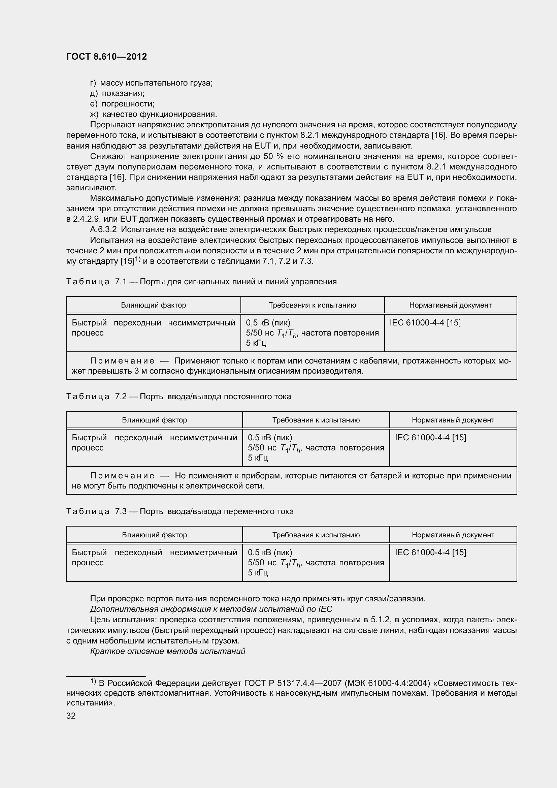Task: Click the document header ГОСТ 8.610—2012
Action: (x=106, y=57)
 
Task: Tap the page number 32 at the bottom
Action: (x=71, y=716)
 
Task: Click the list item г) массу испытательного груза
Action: (x=151, y=83)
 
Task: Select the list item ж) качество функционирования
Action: (x=153, y=114)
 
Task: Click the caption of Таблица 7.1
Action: (x=201, y=282)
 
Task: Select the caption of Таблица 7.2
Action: (x=178, y=397)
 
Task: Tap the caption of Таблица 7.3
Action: (x=180, y=511)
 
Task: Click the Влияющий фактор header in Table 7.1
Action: (x=153, y=305)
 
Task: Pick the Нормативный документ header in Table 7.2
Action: (x=453, y=420)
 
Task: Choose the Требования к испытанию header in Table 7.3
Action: (x=316, y=535)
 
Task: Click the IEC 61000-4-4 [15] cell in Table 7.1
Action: (x=425, y=323)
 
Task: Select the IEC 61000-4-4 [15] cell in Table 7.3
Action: (x=430, y=552)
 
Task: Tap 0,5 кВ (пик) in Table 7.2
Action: (x=270, y=438)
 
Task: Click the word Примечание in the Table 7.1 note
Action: (x=122, y=361)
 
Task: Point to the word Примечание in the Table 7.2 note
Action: (x=122, y=476)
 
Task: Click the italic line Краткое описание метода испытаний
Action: (x=167, y=651)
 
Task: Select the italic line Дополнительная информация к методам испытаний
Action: (x=211, y=609)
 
